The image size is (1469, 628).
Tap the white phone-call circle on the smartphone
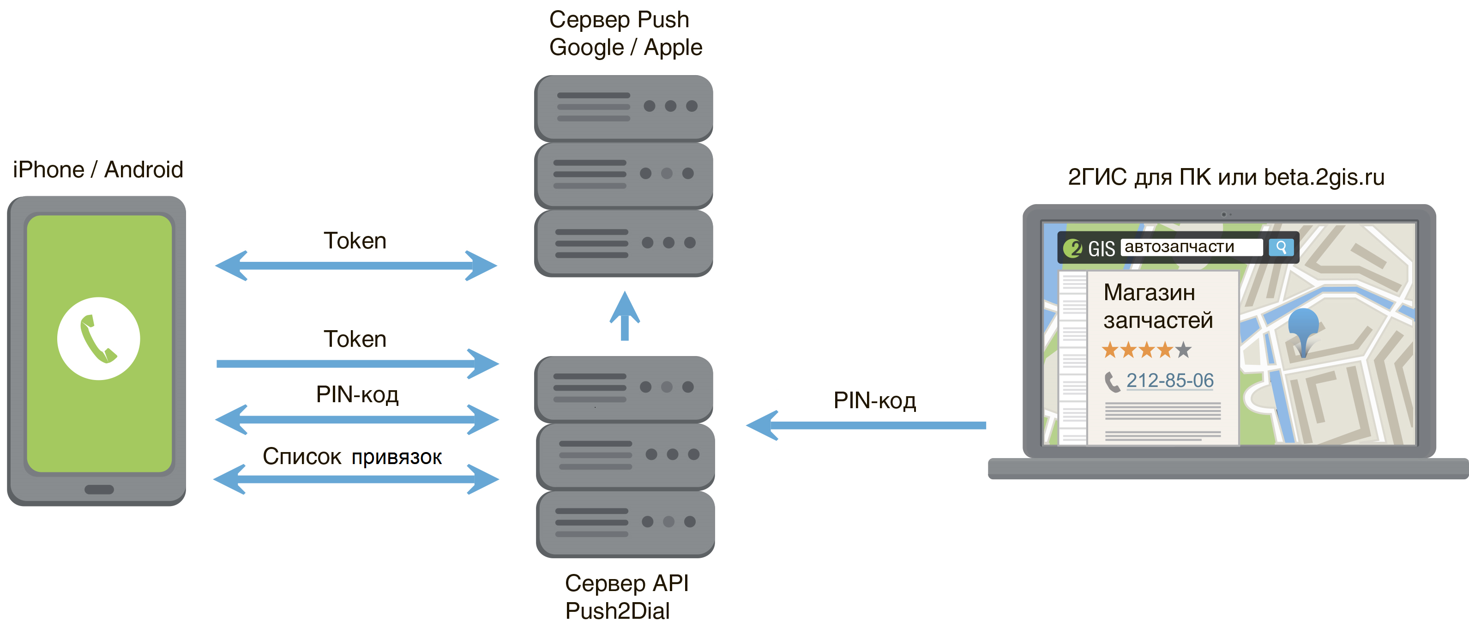(x=99, y=338)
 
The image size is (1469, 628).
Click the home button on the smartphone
(x=99, y=489)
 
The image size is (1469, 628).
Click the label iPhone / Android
(x=98, y=170)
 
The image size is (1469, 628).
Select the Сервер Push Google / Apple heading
(x=625, y=34)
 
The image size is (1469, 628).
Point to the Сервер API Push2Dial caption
(x=626, y=597)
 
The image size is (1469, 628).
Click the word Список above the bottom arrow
(x=301, y=456)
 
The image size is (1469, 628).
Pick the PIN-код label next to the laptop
(x=874, y=400)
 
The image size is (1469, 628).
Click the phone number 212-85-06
(x=1169, y=380)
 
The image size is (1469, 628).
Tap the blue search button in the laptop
(x=1281, y=248)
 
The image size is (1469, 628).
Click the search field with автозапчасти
(x=1191, y=247)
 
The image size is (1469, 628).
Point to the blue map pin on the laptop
(x=1303, y=328)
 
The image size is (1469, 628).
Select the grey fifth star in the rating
(x=1183, y=350)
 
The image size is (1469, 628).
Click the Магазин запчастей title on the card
(x=1158, y=306)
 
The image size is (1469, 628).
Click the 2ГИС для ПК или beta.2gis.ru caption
(x=1226, y=177)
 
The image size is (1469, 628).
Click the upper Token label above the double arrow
(x=355, y=241)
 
